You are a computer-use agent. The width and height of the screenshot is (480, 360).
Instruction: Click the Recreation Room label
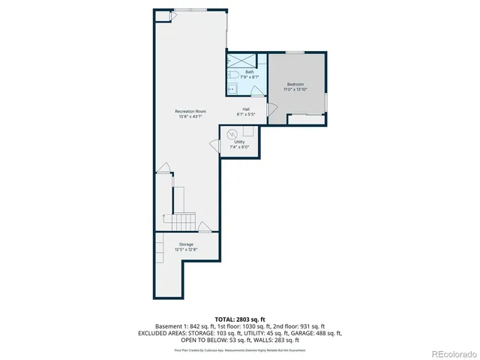pyautogui.click(x=190, y=111)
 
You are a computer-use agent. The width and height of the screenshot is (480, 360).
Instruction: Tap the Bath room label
pyautogui.click(x=238, y=72)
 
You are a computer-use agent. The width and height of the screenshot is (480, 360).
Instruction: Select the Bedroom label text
pyautogui.click(x=295, y=84)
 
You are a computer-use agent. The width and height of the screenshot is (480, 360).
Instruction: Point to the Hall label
pyautogui.click(x=246, y=109)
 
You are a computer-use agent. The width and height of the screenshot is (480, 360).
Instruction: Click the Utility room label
pyautogui.click(x=239, y=142)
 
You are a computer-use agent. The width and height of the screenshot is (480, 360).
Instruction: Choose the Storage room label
pyautogui.click(x=185, y=244)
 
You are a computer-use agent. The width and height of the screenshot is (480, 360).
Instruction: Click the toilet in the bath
pyautogui.click(x=233, y=76)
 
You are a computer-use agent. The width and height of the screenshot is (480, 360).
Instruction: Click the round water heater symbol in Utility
pyautogui.click(x=232, y=133)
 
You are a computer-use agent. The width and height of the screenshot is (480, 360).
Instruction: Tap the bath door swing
pyautogui.click(x=256, y=91)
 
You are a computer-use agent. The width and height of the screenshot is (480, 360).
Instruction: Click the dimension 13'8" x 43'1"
pyautogui.click(x=190, y=116)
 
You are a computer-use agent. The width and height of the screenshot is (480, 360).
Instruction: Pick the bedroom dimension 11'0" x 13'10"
pyautogui.click(x=295, y=89)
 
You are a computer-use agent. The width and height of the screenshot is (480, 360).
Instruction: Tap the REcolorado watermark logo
pyautogui.click(x=452, y=353)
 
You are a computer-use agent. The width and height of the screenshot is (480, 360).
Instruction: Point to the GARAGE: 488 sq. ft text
pyautogui.click(x=322, y=333)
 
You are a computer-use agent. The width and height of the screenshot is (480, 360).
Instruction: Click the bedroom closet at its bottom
pyautogui.click(x=306, y=118)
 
